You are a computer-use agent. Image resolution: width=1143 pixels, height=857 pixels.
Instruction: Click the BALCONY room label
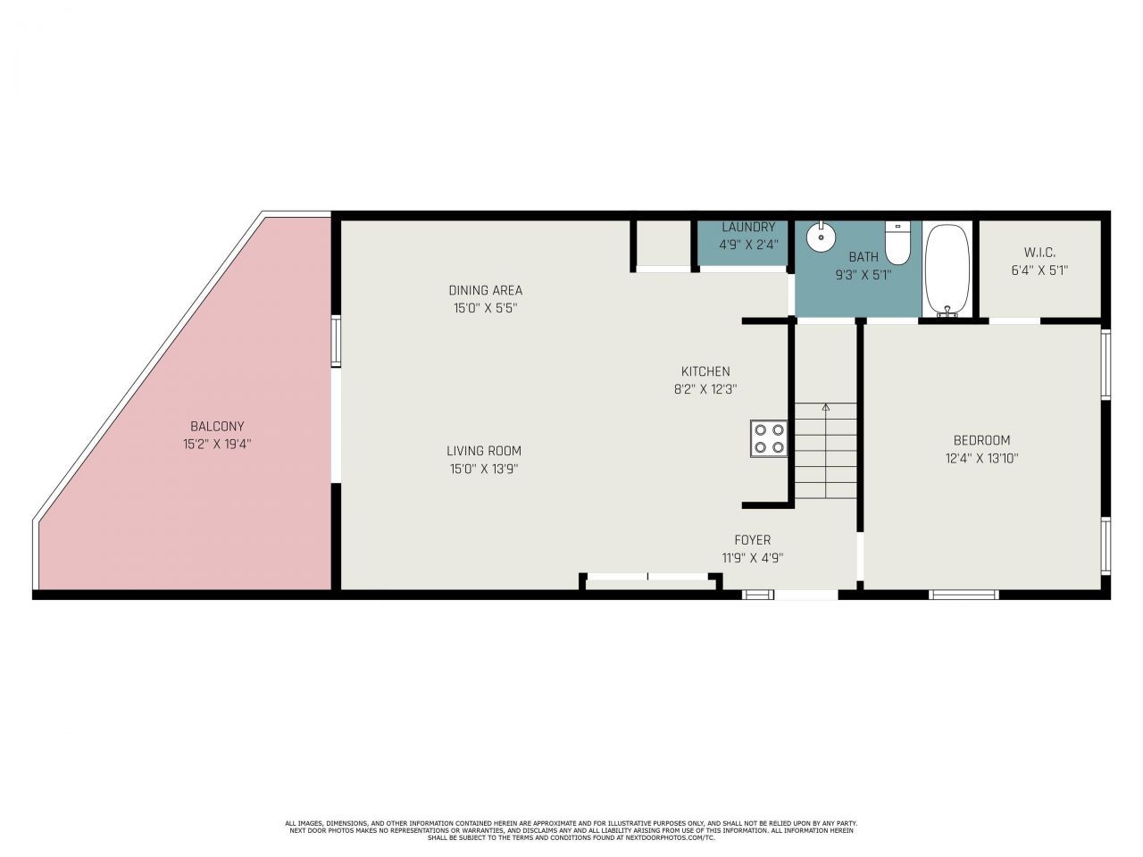point(217,427)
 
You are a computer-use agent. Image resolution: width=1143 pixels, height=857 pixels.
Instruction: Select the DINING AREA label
point(485,290)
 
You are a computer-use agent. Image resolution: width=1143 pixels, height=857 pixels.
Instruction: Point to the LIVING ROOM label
point(484,451)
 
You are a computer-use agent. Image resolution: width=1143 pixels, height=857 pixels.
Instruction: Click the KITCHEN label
point(705,371)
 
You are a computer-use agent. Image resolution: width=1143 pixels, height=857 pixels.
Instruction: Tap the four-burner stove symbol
point(769,438)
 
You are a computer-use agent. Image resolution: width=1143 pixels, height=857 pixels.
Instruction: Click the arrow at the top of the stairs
point(825,408)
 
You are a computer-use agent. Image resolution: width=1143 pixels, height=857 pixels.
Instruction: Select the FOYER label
point(752,540)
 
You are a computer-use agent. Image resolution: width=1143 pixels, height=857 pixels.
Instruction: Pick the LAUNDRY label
point(748,227)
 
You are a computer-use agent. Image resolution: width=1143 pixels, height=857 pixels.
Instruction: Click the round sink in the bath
point(820,238)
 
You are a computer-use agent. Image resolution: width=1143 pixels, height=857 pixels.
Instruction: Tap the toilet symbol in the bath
point(897,242)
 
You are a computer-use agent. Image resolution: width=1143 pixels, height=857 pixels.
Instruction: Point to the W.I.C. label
point(1039,253)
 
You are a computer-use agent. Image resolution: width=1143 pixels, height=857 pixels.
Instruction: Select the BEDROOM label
point(981,440)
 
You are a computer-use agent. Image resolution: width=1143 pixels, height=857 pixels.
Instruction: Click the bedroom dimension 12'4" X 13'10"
point(981,458)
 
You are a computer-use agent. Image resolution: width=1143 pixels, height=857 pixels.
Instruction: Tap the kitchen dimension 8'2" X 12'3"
point(705,389)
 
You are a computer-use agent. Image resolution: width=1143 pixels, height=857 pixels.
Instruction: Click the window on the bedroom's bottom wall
point(964,594)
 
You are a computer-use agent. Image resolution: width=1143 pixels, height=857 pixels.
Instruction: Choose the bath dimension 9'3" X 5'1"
point(864,275)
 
